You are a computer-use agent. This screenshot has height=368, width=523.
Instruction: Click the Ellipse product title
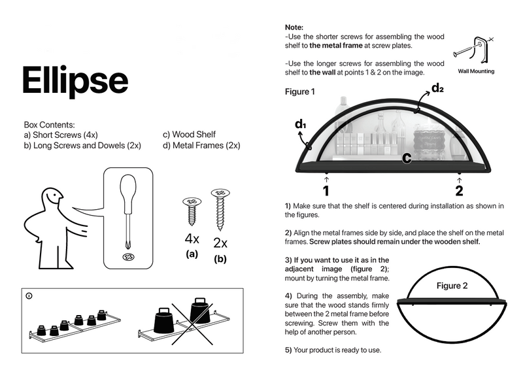tap(75, 80)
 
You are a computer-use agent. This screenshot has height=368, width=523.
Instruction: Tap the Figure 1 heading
tap(300, 92)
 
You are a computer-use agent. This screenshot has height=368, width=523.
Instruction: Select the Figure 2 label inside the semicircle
tap(452, 286)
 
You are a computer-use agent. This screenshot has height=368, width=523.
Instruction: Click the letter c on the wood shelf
tap(406, 158)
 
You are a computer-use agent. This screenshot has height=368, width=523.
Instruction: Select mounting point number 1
tap(326, 191)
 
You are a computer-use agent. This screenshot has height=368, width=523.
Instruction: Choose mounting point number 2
tap(459, 191)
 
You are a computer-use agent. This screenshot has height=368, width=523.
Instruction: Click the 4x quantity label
tap(192, 239)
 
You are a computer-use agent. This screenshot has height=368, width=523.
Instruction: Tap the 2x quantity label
tap(220, 243)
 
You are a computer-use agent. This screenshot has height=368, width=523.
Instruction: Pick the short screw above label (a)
tap(192, 210)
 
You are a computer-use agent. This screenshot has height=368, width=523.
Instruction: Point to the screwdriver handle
tap(128, 192)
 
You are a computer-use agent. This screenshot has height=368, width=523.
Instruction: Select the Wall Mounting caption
tap(475, 71)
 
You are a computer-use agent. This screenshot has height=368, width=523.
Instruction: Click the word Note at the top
tap(294, 27)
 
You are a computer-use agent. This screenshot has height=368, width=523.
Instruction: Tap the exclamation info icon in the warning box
tap(29, 295)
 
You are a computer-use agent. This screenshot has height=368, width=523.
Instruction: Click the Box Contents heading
tap(49, 124)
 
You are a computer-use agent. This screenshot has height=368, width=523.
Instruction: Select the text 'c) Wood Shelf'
tap(189, 135)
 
